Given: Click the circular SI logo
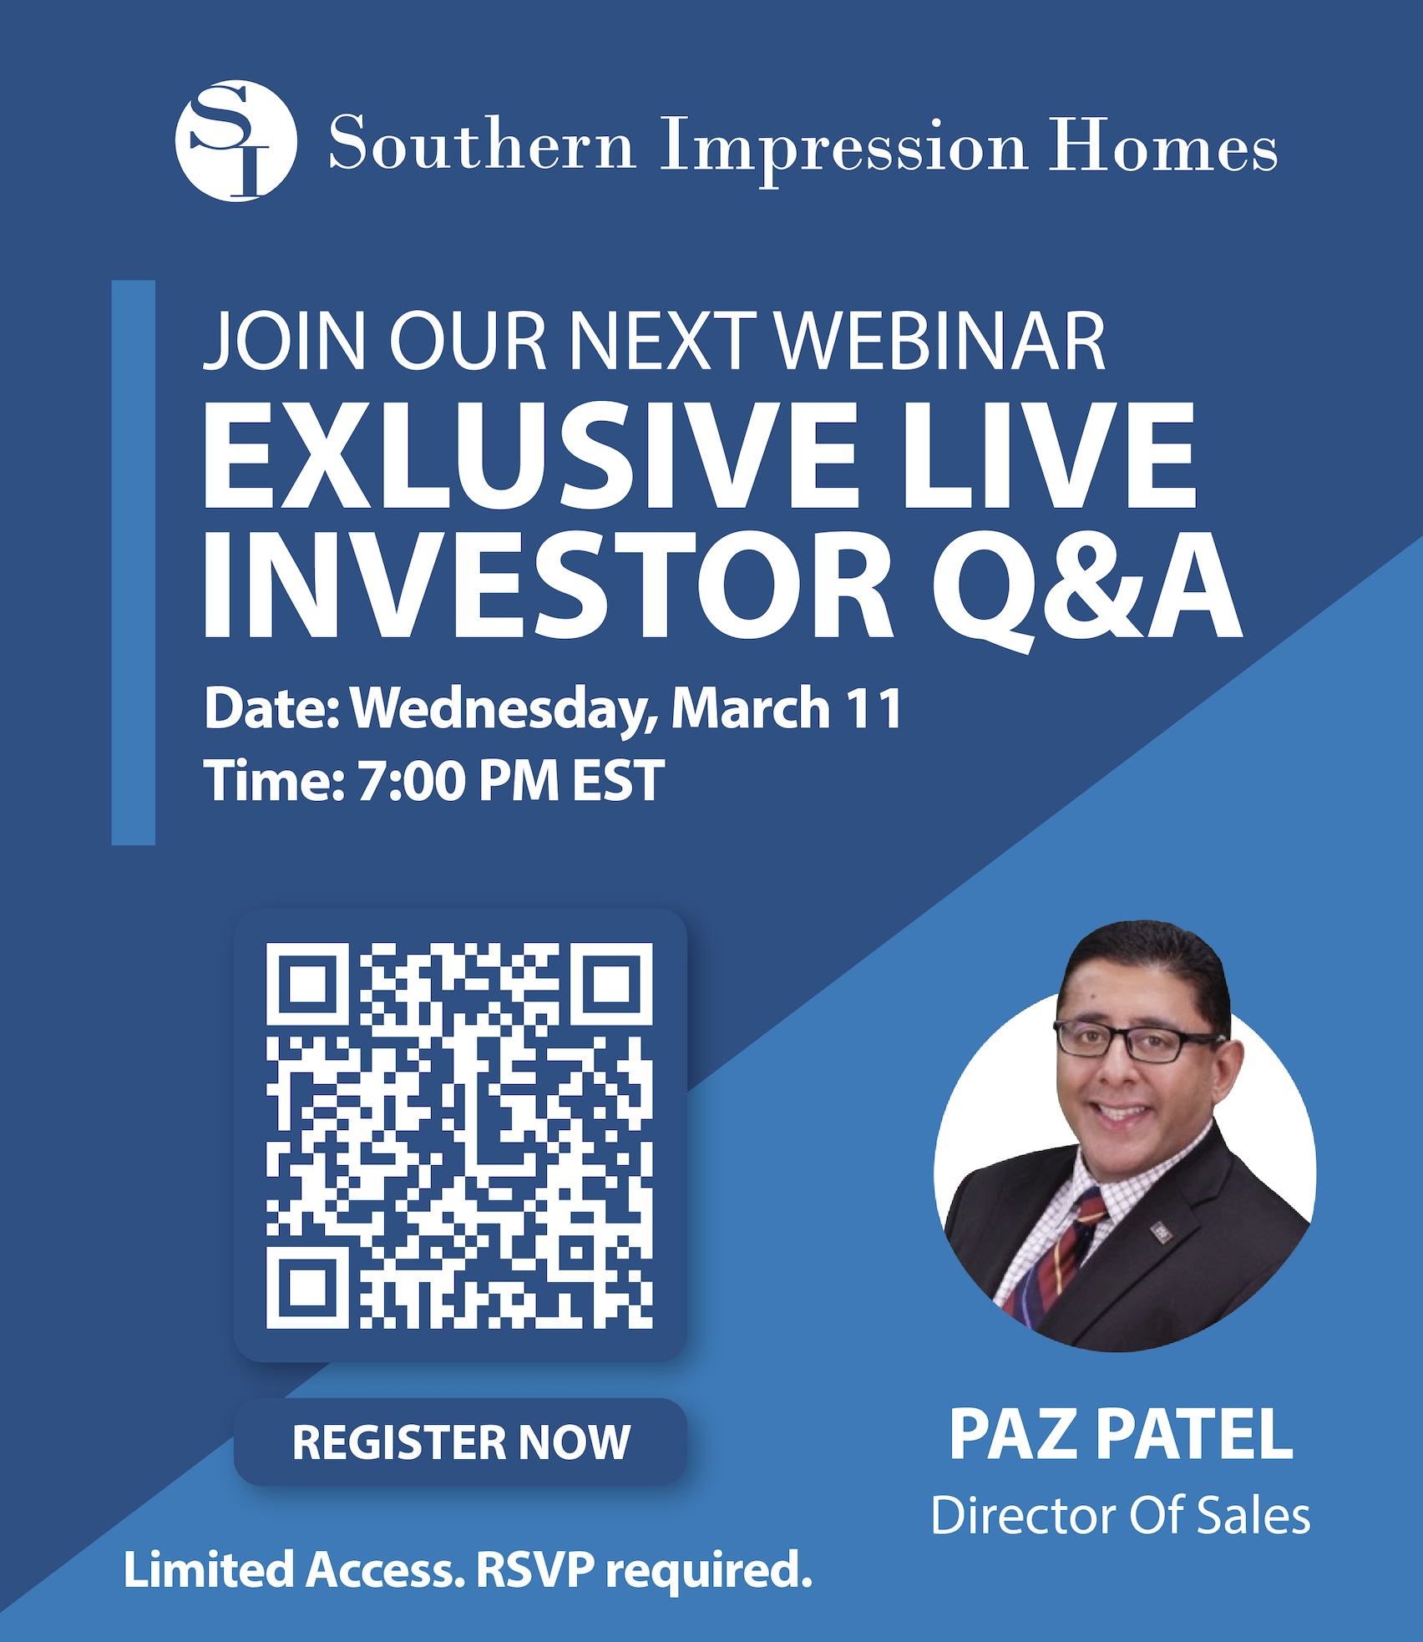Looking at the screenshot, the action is pos(236,141).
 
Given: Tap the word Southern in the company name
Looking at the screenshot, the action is pos(483,143).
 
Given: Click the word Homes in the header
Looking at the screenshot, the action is pos(1162,144).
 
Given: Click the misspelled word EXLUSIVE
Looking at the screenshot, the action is pos(530,454).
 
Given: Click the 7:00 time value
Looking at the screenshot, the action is pos(411,782).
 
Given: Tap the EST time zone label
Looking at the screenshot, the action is pos(618,782).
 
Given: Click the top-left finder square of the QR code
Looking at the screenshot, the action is pos(307,985).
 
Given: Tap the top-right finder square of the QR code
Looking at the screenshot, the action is pos(611,985).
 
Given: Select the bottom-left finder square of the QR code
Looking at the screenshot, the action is pos(307,1287).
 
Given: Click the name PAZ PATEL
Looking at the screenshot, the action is pos(1121,1435).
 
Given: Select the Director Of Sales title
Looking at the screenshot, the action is pos(1121,1516).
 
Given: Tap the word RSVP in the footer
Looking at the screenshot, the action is pos(535,1570).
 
